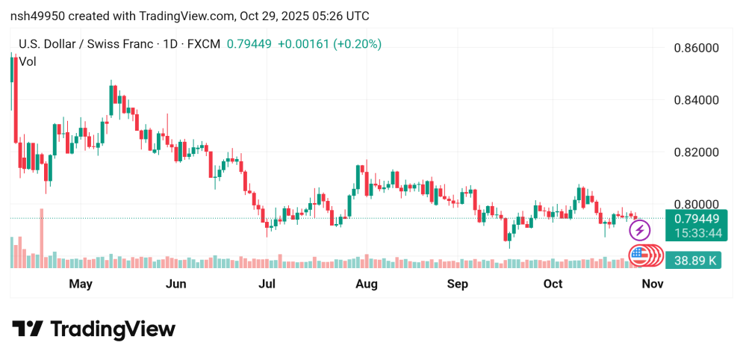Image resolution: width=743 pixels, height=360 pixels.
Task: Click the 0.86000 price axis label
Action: coord(697,48)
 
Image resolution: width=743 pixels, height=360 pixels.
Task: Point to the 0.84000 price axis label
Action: coord(697,100)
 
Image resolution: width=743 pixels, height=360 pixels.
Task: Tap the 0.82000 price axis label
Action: coord(697,152)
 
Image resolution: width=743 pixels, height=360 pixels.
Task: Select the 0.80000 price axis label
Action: coord(697,205)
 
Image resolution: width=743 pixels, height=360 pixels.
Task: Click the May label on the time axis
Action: coord(80,284)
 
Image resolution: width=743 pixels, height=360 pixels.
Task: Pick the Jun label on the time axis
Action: coord(175,284)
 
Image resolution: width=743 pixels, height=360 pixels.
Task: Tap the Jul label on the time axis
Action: coord(267,284)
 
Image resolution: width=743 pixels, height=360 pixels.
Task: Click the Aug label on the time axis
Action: coord(367,284)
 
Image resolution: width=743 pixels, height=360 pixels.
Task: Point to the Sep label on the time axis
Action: coord(457,284)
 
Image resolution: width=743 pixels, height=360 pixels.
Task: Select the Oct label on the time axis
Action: coord(553,284)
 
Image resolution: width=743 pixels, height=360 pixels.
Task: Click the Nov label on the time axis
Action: coord(653,284)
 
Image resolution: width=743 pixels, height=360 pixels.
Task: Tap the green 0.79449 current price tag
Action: coord(696,219)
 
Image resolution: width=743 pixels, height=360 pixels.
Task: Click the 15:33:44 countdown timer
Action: coord(696,233)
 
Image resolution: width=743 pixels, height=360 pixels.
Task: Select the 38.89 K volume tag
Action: coord(696,261)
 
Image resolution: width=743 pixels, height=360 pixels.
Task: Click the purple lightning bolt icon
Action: coord(640,230)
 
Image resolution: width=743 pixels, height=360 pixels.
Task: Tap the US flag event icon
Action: coord(639,255)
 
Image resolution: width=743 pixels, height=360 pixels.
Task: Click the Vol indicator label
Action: coord(28,62)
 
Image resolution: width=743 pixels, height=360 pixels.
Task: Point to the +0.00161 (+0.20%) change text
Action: coord(329,44)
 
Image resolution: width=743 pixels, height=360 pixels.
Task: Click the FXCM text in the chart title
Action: coord(204,44)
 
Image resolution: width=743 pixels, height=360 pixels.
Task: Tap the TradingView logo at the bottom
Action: coord(94,329)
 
